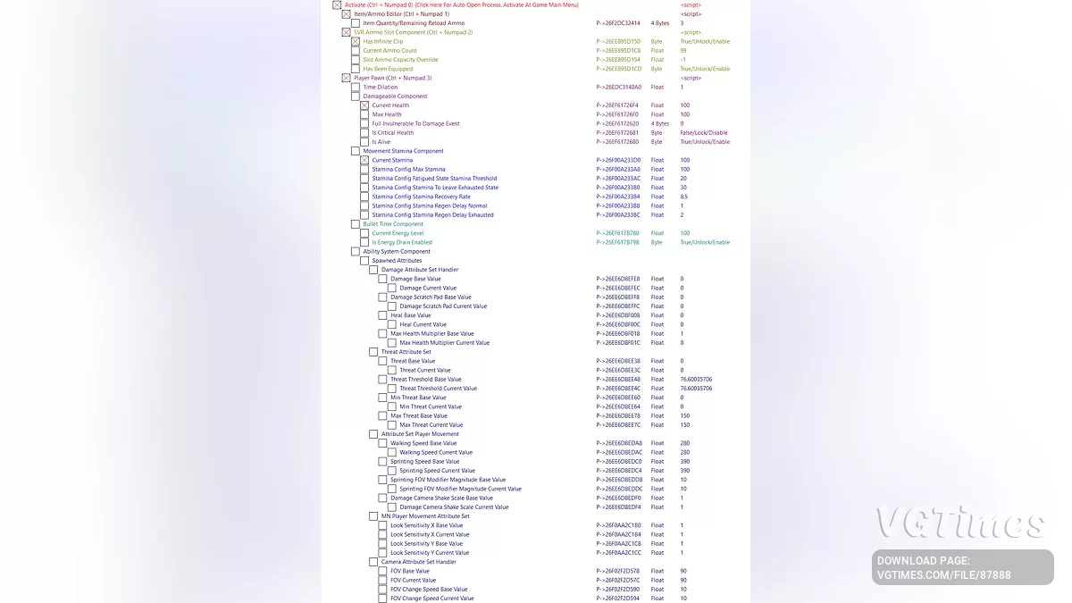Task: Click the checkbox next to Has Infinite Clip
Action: click(356, 42)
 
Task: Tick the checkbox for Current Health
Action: click(364, 105)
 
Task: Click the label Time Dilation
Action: click(381, 88)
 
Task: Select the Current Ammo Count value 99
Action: click(683, 51)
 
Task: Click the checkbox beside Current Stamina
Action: click(364, 160)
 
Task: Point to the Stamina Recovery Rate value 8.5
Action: click(684, 197)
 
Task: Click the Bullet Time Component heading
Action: click(393, 224)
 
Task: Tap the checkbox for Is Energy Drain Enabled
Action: click(364, 242)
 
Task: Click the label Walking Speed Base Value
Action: click(423, 443)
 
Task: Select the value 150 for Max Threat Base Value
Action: click(685, 415)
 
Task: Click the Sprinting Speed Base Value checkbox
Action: click(383, 462)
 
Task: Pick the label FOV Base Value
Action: click(409, 571)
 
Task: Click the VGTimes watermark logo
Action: click(959, 523)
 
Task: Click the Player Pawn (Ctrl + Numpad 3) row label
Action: click(392, 78)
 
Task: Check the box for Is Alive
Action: click(364, 142)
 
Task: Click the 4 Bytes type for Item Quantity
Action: click(659, 23)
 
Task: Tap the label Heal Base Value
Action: click(410, 315)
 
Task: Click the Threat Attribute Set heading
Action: click(406, 352)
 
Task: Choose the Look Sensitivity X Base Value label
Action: click(426, 525)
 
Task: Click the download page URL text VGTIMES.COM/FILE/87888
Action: click(943, 575)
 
